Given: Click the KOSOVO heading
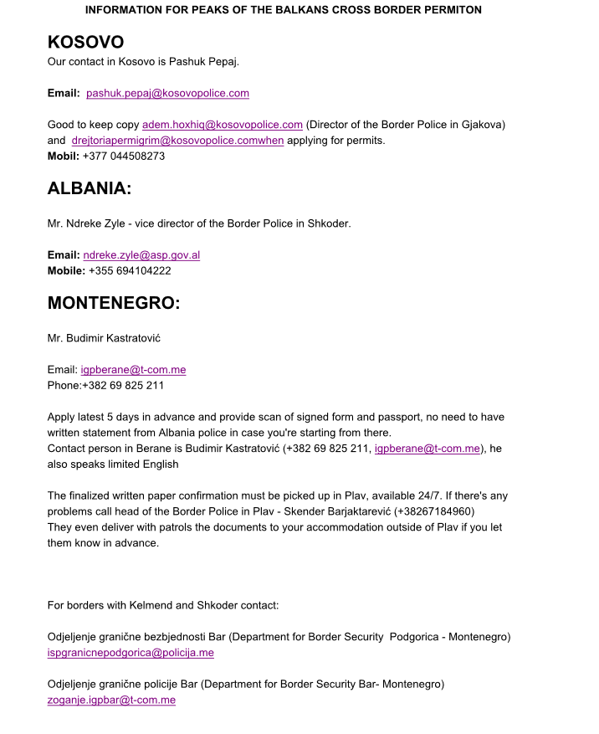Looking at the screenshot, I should pyautogui.click(x=85, y=42).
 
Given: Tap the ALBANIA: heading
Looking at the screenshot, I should pyautogui.click(x=90, y=188).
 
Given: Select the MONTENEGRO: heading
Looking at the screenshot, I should pyautogui.click(x=114, y=303).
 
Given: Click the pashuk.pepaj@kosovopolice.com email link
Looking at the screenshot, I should pyautogui.click(x=167, y=93).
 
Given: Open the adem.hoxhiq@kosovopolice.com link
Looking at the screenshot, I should pyautogui.click(x=222, y=125).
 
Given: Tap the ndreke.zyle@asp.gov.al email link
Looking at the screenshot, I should pyautogui.click(x=141, y=255).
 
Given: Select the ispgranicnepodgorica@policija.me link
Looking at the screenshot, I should pyautogui.click(x=131, y=653).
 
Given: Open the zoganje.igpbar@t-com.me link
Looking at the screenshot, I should pyautogui.click(x=111, y=700).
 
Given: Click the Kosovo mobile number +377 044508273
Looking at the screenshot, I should pyautogui.click(x=124, y=156).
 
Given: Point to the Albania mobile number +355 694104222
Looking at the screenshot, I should pyautogui.click(x=130, y=270).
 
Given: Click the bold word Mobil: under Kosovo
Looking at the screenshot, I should pyautogui.click(x=64, y=156).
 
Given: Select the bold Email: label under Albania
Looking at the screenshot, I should pyautogui.click(x=64, y=255).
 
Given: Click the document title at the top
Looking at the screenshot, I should pyautogui.click(x=284, y=10).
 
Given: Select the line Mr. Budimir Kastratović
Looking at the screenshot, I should pyautogui.click(x=104, y=338).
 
